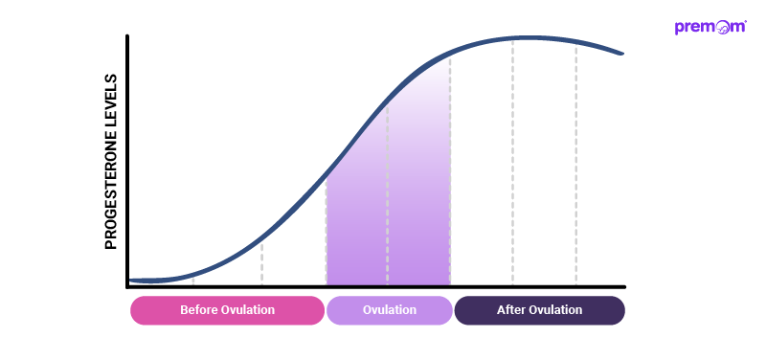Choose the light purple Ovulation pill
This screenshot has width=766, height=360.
coord(389,310)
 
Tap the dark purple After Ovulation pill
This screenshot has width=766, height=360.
coord(539,310)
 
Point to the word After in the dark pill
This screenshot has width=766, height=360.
coord(510,310)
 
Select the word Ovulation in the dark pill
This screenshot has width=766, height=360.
coord(554,310)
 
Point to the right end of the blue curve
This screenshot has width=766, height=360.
coord(623,54)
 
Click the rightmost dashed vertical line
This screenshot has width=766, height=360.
coord(575,163)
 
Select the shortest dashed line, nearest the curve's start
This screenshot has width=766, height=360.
coord(193,280)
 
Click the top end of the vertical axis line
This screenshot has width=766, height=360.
coord(127,36)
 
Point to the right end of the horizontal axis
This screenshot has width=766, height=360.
coord(624,286)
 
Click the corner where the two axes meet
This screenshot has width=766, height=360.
coord(127,286)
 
